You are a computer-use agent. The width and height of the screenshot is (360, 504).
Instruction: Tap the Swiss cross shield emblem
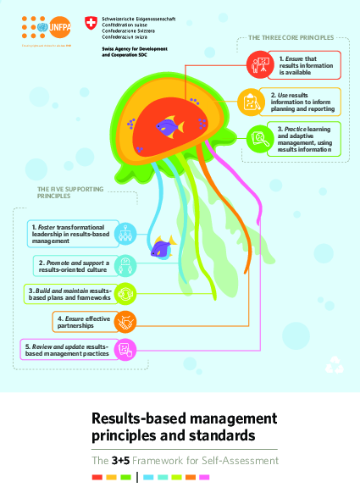tap(91, 21)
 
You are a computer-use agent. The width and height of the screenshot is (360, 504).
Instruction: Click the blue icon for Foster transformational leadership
tap(125, 231)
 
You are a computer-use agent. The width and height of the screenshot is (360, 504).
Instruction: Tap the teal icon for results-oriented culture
tap(125, 264)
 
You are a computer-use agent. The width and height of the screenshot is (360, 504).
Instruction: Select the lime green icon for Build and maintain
tap(125, 293)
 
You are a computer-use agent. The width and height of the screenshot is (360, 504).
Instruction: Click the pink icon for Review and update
tap(125, 348)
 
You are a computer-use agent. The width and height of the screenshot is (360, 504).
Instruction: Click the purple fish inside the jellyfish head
tap(169, 127)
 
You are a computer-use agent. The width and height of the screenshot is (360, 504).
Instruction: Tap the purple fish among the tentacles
tap(160, 248)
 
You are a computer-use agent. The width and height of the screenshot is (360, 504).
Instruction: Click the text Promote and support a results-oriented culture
tap(76, 264)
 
